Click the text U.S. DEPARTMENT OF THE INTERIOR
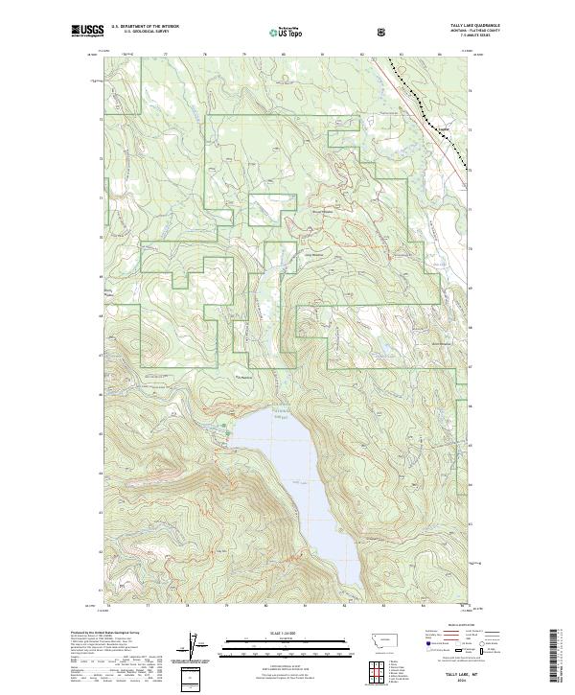145,26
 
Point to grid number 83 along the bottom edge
384,607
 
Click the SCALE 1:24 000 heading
287,632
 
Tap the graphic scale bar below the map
287,647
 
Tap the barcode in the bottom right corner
555,657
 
